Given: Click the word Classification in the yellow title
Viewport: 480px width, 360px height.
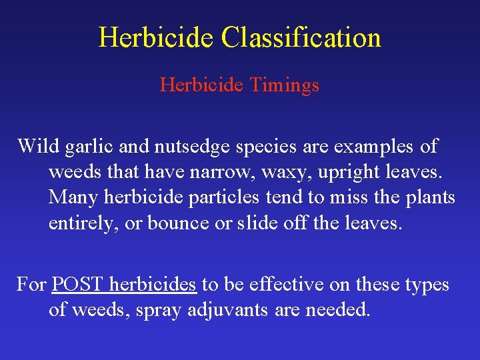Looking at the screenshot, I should [x=301, y=37].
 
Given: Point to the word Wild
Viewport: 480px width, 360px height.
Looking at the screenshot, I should [x=38, y=146].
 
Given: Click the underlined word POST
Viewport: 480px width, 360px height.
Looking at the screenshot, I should [x=78, y=285].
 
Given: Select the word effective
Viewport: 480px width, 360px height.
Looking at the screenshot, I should [x=281, y=285].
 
